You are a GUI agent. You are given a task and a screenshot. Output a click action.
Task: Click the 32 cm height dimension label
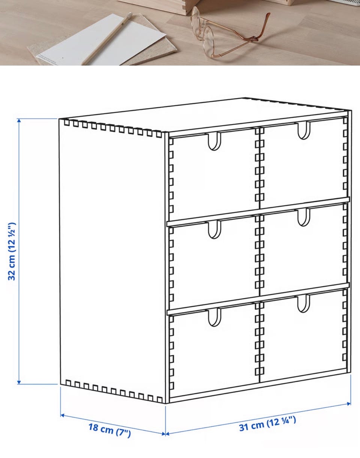click(x=12, y=251)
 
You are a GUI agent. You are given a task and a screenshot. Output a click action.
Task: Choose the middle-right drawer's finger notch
click(x=304, y=217)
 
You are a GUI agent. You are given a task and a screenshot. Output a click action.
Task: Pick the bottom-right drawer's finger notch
click(x=303, y=303)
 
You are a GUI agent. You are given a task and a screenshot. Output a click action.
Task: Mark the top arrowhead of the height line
click(x=19, y=120)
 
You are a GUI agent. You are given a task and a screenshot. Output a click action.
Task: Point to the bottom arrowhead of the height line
click(x=19, y=382)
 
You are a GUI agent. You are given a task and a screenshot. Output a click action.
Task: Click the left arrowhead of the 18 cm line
click(x=62, y=415)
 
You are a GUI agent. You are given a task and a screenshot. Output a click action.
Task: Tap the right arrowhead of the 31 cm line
click(x=349, y=404)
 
